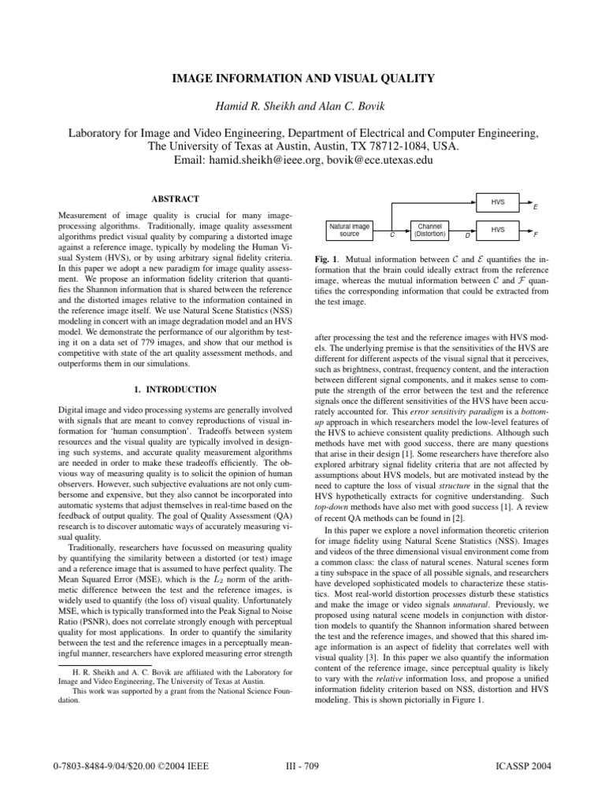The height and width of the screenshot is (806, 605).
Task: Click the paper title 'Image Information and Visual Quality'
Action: [302, 79]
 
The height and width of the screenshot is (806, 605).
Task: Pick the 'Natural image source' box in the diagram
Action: [349, 230]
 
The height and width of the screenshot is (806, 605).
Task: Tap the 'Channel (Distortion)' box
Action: [430, 230]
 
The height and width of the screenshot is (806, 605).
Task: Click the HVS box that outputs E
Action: [498, 202]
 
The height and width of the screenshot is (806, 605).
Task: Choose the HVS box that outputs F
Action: [498, 230]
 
